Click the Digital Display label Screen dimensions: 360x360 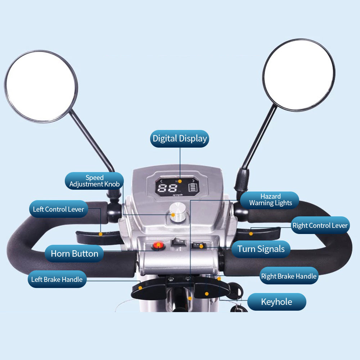pyautogui.click(x=180, y=139)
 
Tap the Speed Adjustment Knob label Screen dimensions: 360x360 pyautogui.click(x=94, y=181)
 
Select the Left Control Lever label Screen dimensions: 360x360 pyautogui.click(x=59, y=209)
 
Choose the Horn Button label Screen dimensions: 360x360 pyautogui.click(x=74, y=254)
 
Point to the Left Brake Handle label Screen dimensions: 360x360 pyautogui.click(x=57, y=279)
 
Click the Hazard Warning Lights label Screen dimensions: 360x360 pyautogui.click(x=270, y=200)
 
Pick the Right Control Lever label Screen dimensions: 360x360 pyautogui.click(x=320, y=225)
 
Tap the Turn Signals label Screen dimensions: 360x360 pyautogui.click(x=261, y=249)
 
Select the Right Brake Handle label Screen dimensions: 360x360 pyautogui.click(x=289, y=276)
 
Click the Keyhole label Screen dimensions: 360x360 pyautogui.click(x=276, y=302)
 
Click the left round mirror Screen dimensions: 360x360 pyautogui.click(x=41, y=86)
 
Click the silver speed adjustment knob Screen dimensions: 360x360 pyautogui.click(x=178, y=212)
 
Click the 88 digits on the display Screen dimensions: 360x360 pyautogui.click(x=167, y=188)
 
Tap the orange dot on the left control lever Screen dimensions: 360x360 pyautogui.click(x=100, y=234)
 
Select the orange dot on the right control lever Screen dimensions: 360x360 pyautogui.click(x=251, y=234)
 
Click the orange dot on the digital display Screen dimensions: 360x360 pyautogui.click(x=180, y=181)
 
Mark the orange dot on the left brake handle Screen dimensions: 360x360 pyautogui.click(x=140, y=288)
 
